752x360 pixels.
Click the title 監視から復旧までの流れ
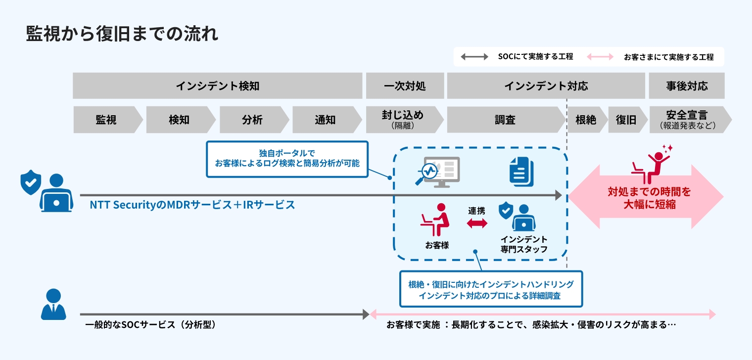coord(122,35)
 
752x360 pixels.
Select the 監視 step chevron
coord(106,120)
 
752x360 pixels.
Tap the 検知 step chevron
coord(179,120)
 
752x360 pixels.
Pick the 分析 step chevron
coord(252,120)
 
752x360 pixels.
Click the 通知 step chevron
coord(325,120)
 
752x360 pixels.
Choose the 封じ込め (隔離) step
coord(402,120)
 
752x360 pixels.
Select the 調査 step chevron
coord(505,120)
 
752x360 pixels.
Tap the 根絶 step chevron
coord(586,120)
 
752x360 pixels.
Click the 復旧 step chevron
coord(626,120)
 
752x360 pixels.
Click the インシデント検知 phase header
coord(217,86)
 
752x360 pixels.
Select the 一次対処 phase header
coord(404,86)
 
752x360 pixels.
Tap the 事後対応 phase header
coord(687,86)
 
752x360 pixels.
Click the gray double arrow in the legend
coord(474,57)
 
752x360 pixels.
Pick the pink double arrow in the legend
coord(600,57)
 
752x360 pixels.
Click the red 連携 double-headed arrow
coord(477,224)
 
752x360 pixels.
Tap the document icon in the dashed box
coord(521,172)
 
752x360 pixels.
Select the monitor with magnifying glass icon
coord(436,172)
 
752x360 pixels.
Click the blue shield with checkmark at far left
coord(30,182)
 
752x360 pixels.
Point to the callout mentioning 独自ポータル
coord(287,159)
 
